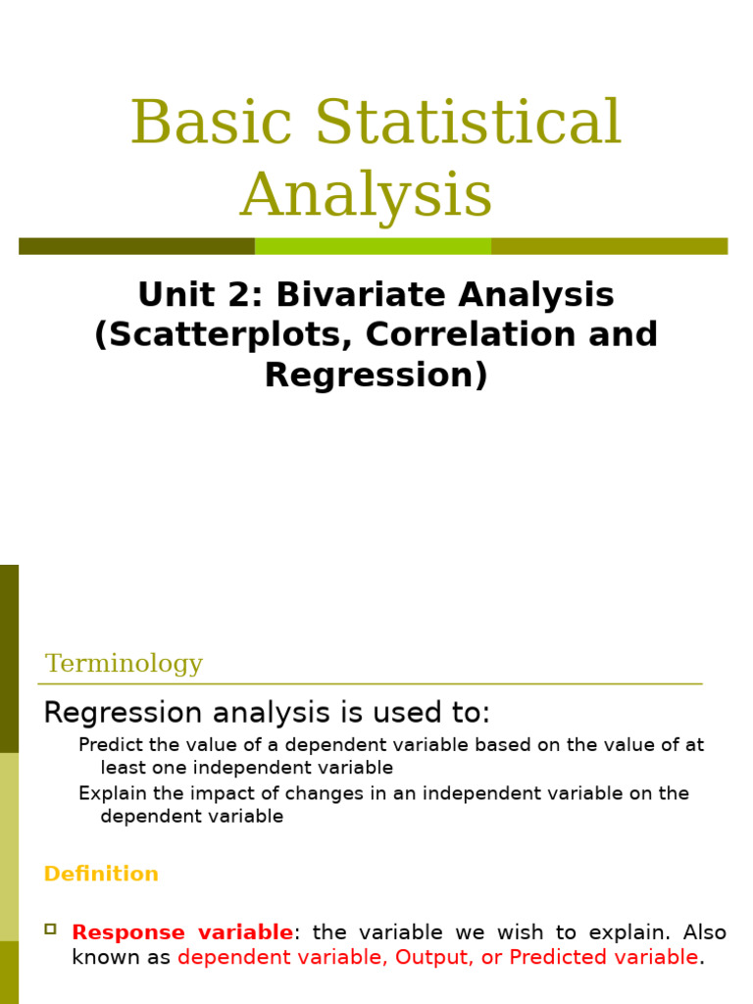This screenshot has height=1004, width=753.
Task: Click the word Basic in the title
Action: (211, 124)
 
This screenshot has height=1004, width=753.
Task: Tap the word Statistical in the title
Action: (468, 124)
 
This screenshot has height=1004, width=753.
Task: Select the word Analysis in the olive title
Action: (366, 195)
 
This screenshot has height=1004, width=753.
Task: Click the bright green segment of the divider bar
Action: (373, 246)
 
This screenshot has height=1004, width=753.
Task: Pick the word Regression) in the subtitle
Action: (376, 376)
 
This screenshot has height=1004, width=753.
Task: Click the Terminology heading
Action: (124, 664)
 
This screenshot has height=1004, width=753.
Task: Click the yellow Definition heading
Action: (101, 874)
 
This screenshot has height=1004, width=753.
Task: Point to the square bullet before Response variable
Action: (51, 929)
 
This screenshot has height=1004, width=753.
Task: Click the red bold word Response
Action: (128, 932)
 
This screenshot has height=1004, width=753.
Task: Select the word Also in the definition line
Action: (704, 932)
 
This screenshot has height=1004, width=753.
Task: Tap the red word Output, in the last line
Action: (434, 957)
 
